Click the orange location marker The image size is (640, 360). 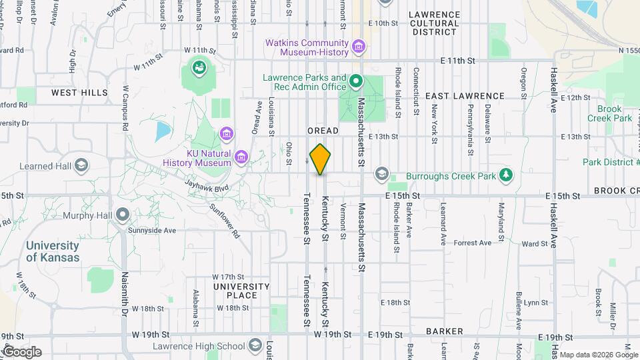point(321,159)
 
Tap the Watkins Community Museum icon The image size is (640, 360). point(359,47)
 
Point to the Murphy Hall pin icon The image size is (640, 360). point(122,215)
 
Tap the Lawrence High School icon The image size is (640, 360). point(255,345)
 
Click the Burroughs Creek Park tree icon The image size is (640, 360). point(507,175)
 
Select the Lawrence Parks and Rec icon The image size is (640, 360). point(356,82)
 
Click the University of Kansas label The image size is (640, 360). point(53,252)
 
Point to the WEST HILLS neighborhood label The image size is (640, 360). point(79,93)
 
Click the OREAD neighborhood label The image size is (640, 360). point(323,131)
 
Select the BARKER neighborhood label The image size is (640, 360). point(445,331)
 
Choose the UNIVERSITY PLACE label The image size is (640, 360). point(241,291)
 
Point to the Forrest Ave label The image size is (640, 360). point(472,243)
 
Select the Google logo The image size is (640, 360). point(22,351)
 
